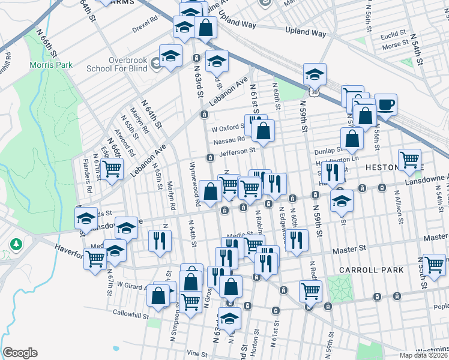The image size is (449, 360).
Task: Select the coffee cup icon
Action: point(385,105)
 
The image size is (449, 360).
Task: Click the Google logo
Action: point(20,353)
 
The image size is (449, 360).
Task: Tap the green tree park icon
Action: point(15,245)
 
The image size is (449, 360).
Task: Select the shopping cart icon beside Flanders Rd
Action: point(112,171)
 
